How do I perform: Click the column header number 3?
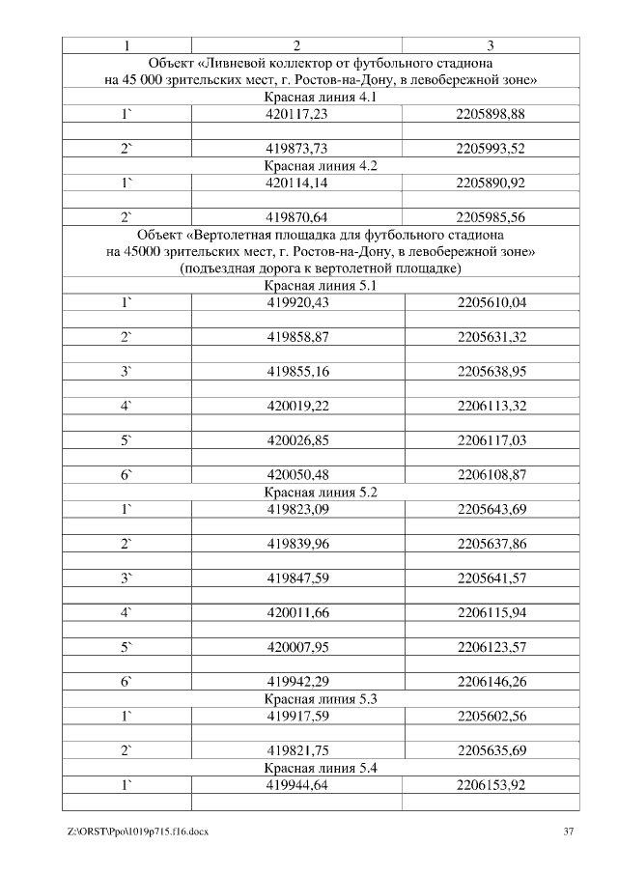(491, 45)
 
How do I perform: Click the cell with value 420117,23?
(297, 114)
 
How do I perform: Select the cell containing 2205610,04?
(491, 302)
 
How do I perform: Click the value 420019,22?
(297, 407)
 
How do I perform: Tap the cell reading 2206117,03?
(491, 440)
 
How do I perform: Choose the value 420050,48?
(297, 475)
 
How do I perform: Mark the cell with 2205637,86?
(491, 544)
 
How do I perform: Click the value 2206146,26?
(491, 681)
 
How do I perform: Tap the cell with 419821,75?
(297, 749)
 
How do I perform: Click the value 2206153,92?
(491, 784)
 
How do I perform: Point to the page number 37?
(570, 832)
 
